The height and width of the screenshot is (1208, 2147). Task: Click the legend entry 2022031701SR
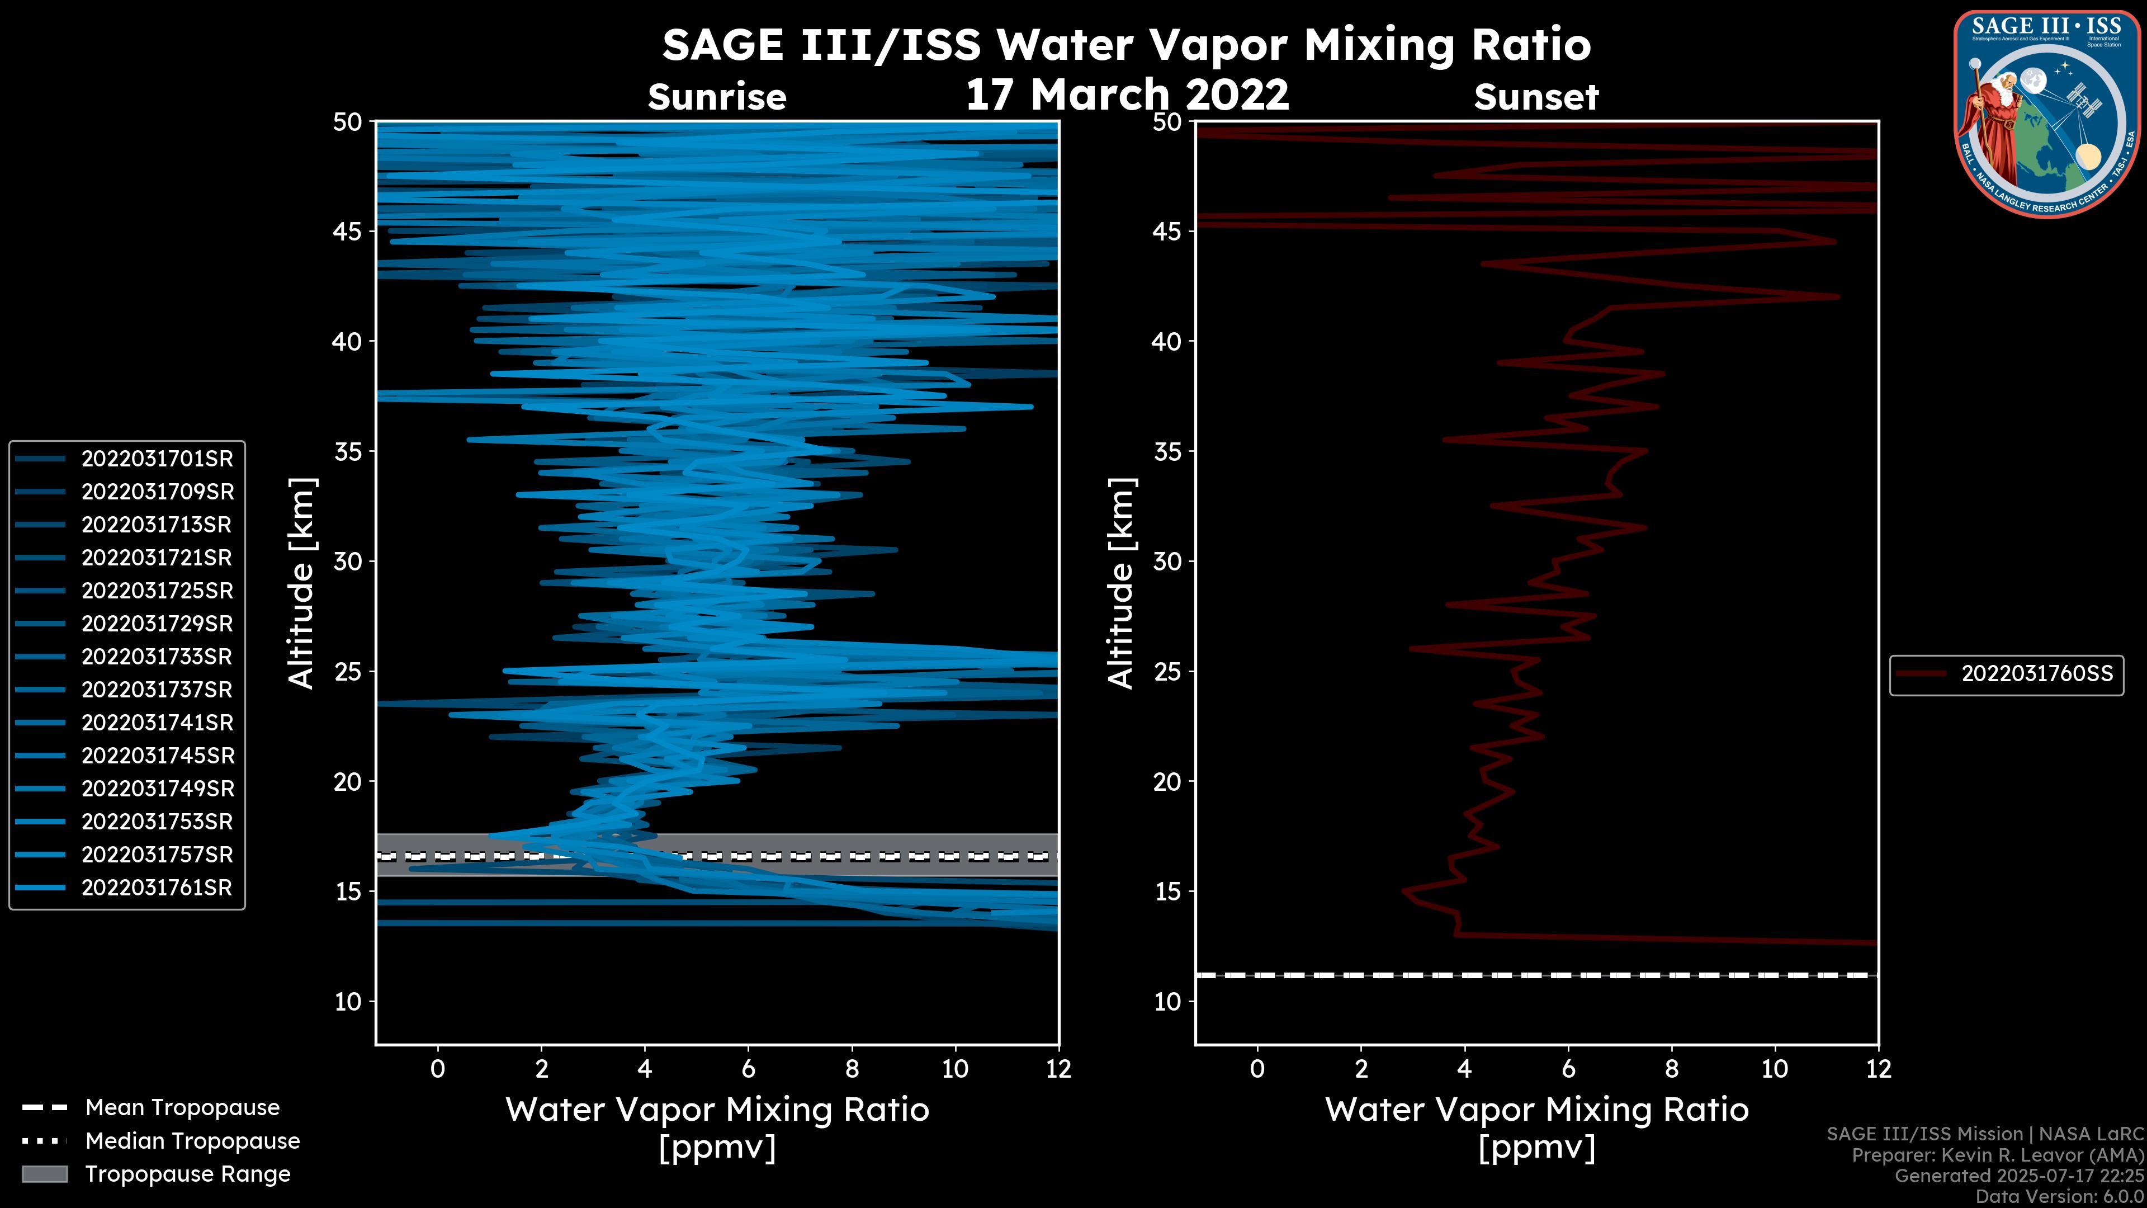[157, 459]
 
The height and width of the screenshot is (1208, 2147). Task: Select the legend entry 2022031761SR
[157, 888]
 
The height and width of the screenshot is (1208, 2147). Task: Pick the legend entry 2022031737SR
[157, 690]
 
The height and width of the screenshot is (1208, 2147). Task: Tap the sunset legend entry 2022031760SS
[2037, 673]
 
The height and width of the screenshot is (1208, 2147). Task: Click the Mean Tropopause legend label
[182, 1107]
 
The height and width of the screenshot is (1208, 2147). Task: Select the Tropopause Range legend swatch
[45, 1174]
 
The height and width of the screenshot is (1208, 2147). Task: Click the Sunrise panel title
[717, 97]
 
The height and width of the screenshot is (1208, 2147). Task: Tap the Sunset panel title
[1536, 97]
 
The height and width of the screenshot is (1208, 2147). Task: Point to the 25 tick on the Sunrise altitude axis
[348, 672]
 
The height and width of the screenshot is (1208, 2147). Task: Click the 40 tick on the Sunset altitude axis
[1167, 342]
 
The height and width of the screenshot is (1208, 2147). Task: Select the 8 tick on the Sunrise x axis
[852, 1069]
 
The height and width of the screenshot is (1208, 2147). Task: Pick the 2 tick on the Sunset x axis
[1361, 1069]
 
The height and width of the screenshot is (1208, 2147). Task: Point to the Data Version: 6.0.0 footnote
[2060, 1196]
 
